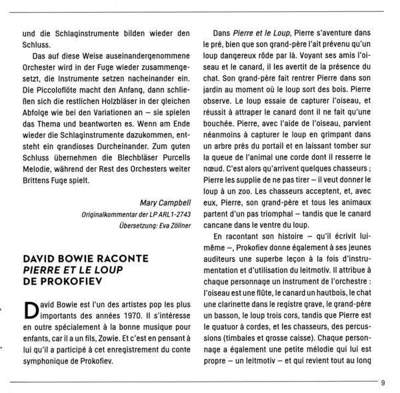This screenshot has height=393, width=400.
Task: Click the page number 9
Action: [383, 382]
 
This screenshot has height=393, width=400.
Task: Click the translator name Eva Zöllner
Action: [172, 224]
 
